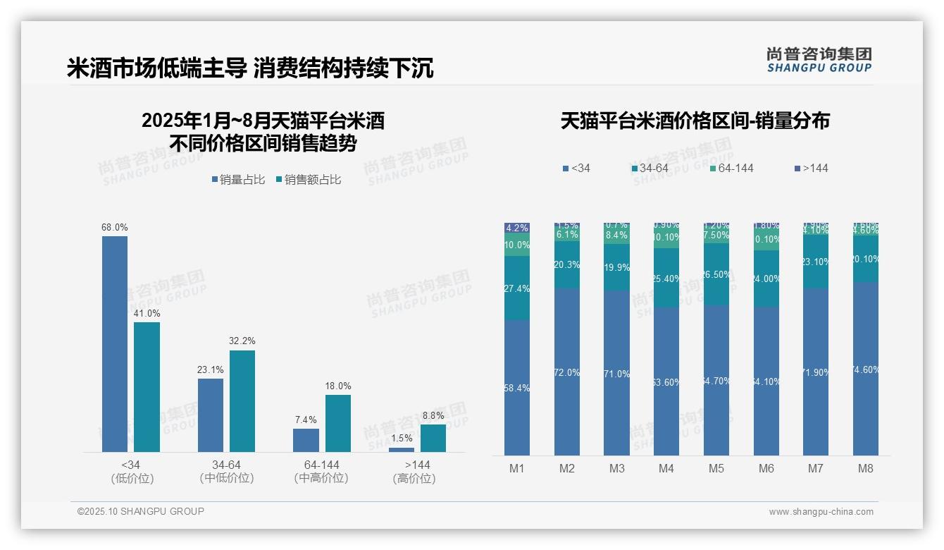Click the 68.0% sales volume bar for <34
pyautogui.click(x=115, y=343)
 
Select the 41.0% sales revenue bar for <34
pyautogui.click(x=147, y=386)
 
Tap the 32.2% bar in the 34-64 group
pyautogui.click(x=242, y=401)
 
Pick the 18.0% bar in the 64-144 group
pyautogui.click(x=337, y=423)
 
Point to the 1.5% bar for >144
pyautogui.click(x=402, y=449)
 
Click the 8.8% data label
pyautogui.click(x=433, y=416)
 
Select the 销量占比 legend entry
pyautogui.click(x=237, y=180)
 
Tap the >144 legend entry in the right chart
pyautogui.click(x=812, y=169)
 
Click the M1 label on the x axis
pyautogui.click(x=517, y=468)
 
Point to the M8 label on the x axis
pyautogui.click(x=866, y=468)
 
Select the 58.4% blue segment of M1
pyautogui.click(x=517, y=388)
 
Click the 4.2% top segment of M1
pyautogui.click(x=517, y=228)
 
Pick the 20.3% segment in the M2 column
pyautogui.click(x=567, y=265)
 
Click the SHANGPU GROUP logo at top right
pyautogui.click(x=819, y=60)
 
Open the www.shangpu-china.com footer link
pyautogui.click(x=821, y=512)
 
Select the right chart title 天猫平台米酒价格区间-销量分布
pyautogui.click(x=695, y=121)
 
